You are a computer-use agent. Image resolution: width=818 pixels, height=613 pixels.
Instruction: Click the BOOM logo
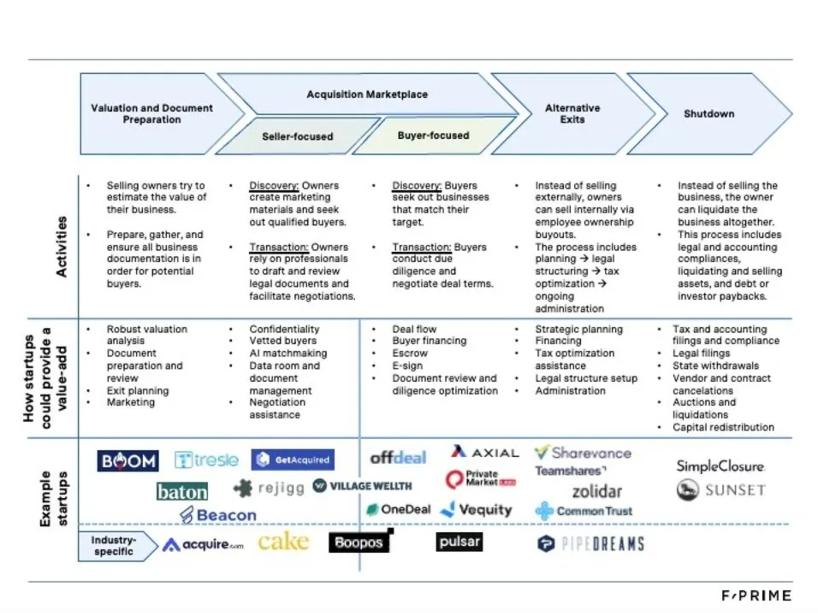coord(127,461)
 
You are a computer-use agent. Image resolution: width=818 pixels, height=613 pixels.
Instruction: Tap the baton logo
coord(182,492)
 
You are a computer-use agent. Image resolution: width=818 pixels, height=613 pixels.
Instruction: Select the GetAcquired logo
coord(293,460)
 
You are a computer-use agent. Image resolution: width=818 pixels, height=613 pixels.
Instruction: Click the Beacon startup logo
coord(218,515)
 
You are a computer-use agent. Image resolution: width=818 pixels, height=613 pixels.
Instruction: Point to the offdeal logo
coord(398,458)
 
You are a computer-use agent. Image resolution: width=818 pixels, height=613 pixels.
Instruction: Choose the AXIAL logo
coord(485,452)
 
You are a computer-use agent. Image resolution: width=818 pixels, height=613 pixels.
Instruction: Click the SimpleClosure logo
coord(720,466)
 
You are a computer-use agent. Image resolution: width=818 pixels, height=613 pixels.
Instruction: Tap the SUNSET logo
coord(721,490)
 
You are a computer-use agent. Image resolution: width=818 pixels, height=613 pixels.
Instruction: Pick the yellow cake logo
coord(283,542)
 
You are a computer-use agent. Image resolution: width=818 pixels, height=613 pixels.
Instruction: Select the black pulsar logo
coord(459,542)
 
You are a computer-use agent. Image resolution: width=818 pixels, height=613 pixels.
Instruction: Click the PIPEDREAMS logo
coord(591,544)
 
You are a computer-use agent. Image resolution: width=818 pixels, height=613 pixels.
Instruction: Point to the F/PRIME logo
coord(756,595)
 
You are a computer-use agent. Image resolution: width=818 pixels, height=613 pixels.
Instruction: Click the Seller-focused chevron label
coord(297,136)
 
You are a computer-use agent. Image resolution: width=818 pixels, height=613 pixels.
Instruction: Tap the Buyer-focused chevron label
coord(433,136)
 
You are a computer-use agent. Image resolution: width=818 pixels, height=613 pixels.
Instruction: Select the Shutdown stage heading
coord(709,114)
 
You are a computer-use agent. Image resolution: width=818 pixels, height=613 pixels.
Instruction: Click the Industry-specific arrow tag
coord(114,546)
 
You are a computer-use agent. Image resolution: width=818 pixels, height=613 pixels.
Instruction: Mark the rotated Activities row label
coord(62,247)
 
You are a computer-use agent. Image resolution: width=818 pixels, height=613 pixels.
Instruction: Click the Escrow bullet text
coord(410,353)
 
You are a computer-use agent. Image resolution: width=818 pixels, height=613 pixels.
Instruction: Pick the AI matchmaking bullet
coord(288,353)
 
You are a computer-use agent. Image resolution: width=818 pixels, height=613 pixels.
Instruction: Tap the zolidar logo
coord(597,492)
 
